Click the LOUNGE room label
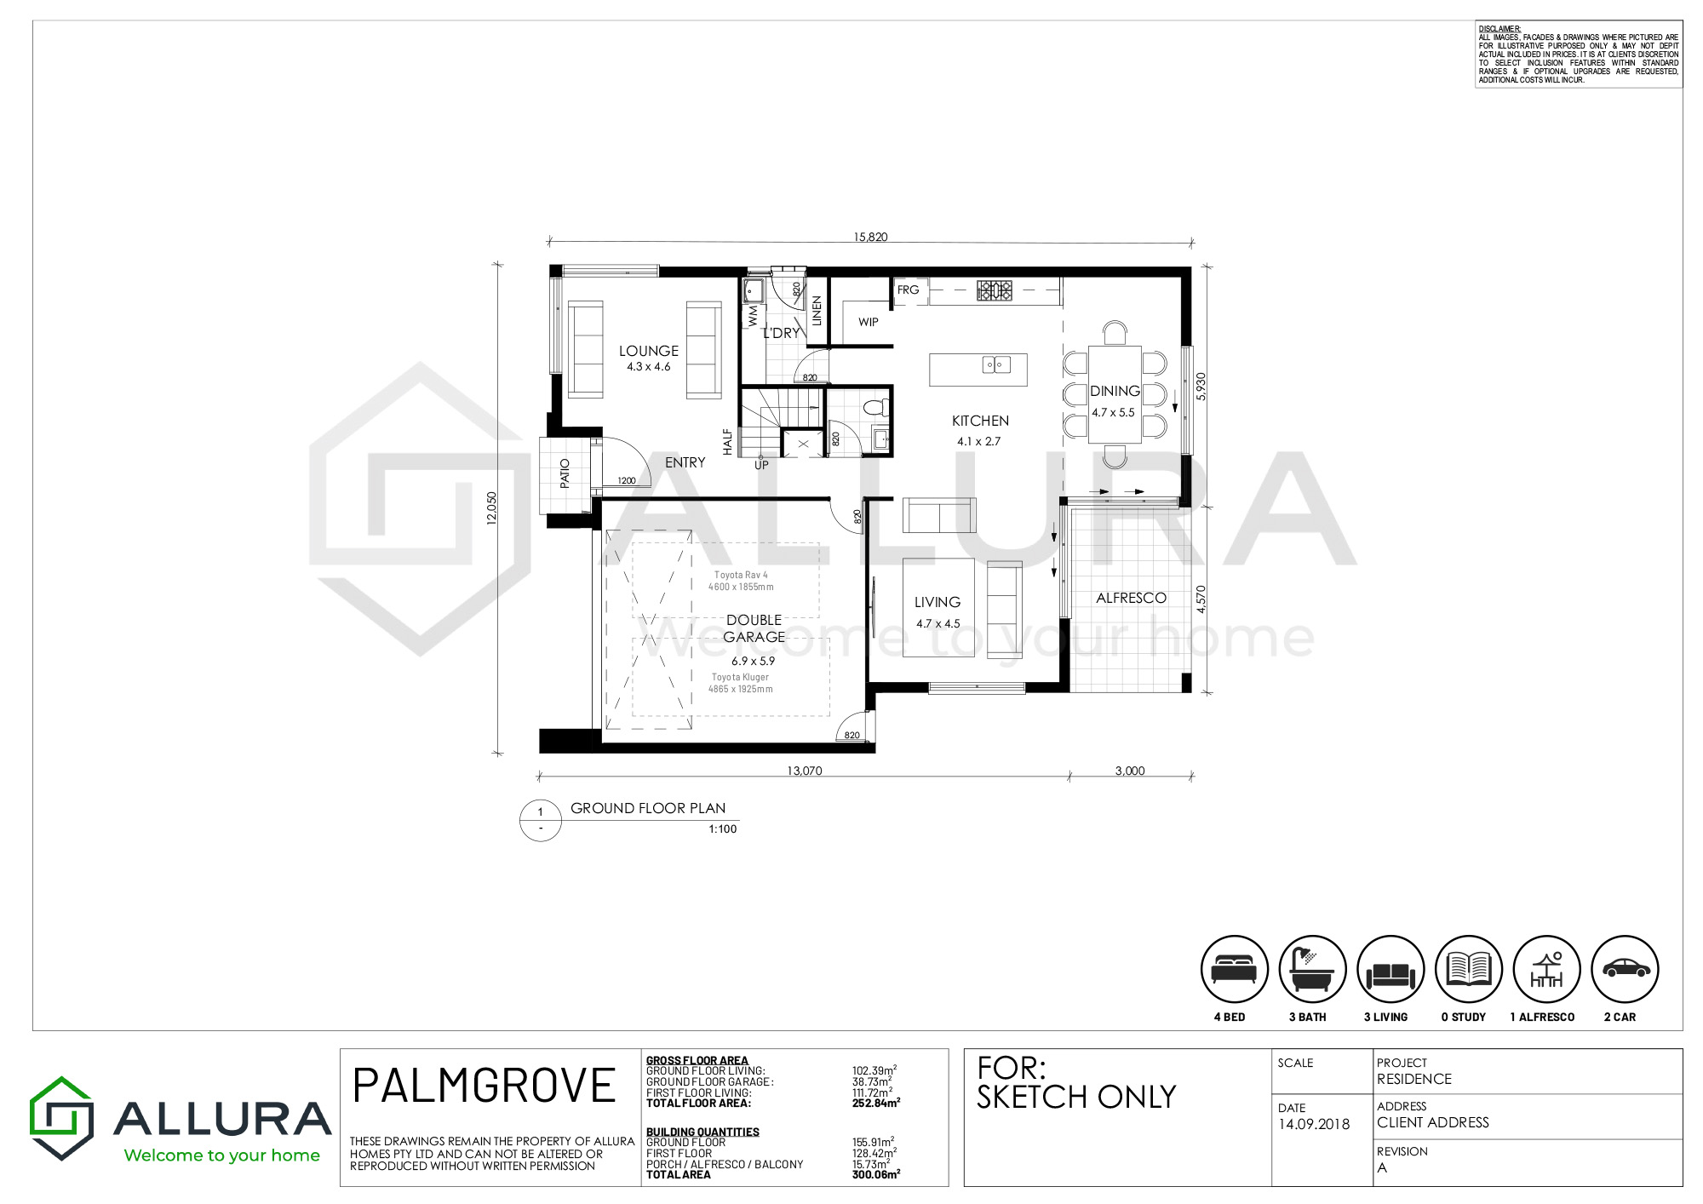(x=649, y=351)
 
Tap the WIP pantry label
(x=869, y=322)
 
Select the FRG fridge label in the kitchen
(x=909, y=290)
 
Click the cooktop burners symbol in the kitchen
(x=995, y=290)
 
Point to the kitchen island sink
(x=997, y=365)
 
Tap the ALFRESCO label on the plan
(x=1131, y=598)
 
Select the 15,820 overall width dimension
(x=870, y=237)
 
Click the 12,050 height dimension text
(x=491, y=508)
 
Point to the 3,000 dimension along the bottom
(x=1130, y=771)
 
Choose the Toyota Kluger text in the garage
(x=740, y=677)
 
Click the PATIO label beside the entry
(x=565, y=473)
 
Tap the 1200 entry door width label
(x=627, y=480)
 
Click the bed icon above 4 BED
(x=1235, y=969)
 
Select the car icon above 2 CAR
(x=1626, y=969)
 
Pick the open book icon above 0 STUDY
(x=1469, y=969)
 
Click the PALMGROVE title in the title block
(x=484, y=1086)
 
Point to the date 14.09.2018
(x=1314, y=1124)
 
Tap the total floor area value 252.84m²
(x=876, y=1103)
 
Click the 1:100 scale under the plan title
(x=723, y=828)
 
